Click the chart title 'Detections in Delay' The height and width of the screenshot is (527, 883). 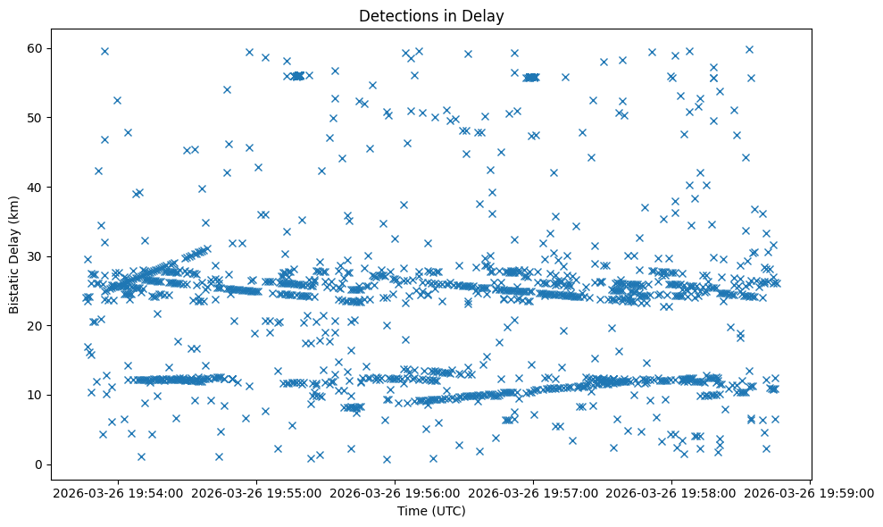(431, 15)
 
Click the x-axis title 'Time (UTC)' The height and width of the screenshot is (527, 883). (431, 512)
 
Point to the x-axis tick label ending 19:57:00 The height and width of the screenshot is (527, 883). (534, 491)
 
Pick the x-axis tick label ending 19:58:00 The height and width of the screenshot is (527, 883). (671, 491)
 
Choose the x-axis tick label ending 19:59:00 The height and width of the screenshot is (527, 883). (810, 491)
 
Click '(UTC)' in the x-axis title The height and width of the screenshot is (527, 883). (448, 512)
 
